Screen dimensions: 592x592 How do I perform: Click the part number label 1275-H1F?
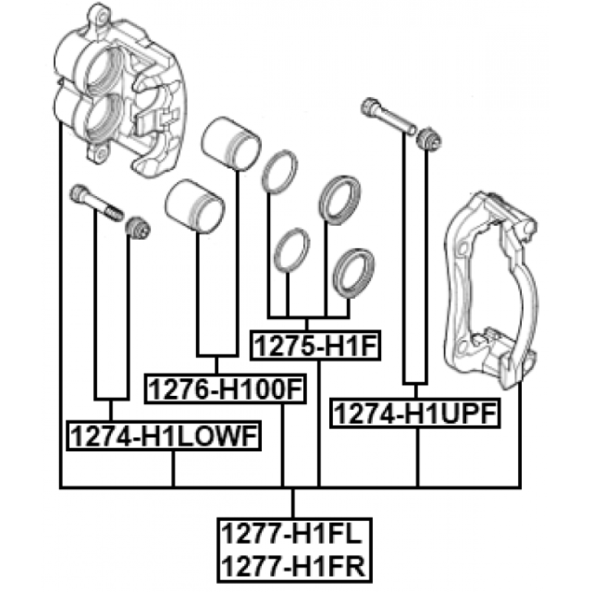click(x=315, y=346)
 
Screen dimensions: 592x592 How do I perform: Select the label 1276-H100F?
click(x=226, y=389)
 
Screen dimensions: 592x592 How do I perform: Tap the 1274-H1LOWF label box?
click(x=164, y=436)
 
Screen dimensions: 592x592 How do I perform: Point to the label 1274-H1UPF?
click(x=415, y=413)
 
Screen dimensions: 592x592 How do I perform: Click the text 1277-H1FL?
click(x=292, y=534)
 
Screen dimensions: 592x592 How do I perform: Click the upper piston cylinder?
click(x=231, y=144)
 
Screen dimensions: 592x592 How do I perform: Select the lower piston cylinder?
click(x=195, y=206)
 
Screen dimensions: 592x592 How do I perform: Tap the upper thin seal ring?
click(x=280, y=172)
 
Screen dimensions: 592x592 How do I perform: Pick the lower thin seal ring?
click(x=292, y=250)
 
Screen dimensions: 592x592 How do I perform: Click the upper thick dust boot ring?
click(x=340, y=200)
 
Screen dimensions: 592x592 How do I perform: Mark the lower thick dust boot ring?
click(x=354, y=273)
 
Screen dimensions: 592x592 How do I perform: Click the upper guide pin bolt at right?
click(x=388, y=115)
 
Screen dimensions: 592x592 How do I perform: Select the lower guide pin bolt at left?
click(x=96, y=202)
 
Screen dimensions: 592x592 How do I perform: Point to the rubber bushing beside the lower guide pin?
click(x=138, y=227)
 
